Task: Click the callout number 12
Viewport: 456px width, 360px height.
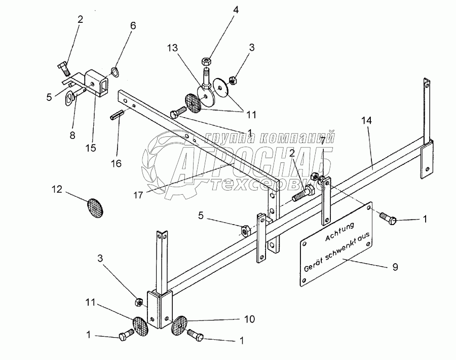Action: (x=57, y=190)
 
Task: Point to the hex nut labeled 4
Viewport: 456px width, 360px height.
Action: (x=207, y=60)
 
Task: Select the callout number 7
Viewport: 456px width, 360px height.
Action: (x=322, y=139)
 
